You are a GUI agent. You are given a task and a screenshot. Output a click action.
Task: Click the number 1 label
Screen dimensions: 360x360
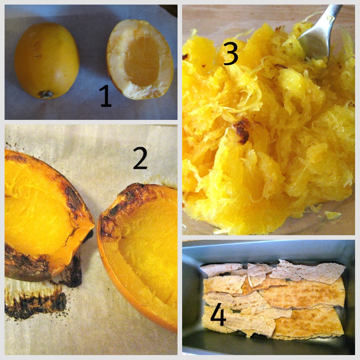pos(105,96)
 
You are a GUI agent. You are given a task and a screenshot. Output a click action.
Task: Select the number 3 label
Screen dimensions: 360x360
pos(230,53)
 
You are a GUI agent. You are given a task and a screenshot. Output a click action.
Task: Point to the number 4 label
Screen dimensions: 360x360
pos(218,314)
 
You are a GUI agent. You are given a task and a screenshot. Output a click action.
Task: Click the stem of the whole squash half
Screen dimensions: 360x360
pos(46,94)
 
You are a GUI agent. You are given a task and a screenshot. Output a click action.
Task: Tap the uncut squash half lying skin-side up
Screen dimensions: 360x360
pos(47,60)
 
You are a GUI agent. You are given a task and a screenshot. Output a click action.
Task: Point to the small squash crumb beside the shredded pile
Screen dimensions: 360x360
pos(333,215)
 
